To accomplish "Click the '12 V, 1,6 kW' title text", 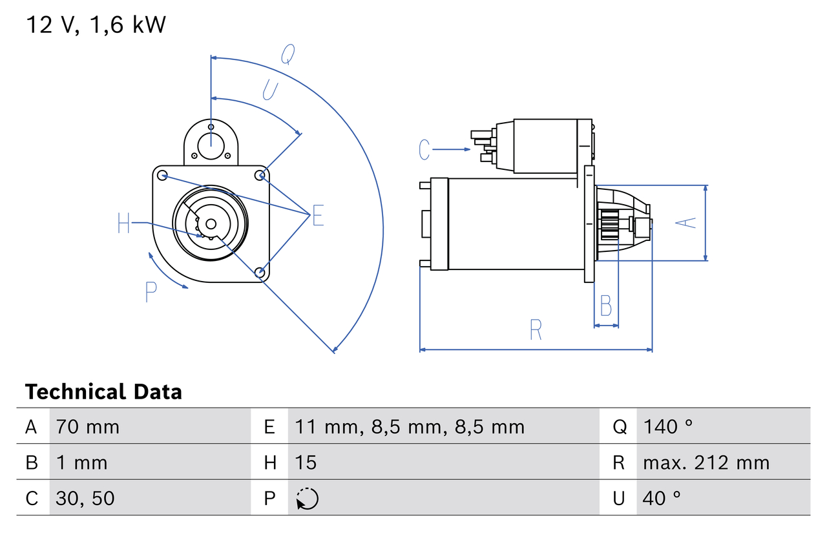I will tap(96, 25).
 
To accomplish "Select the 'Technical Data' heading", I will tap(103, 391).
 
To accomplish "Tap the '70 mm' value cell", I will tap(88, 426).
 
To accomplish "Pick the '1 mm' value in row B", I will tap(81, 463).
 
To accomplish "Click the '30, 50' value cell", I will tap(85, 498).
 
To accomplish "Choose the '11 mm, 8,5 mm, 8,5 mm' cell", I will tap(410, 426).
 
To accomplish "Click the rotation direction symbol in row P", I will tap(307, 499).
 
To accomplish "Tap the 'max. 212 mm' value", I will tap(706, 463).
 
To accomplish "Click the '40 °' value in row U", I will tap(662, 498).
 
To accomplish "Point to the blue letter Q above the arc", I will tap(288, 56).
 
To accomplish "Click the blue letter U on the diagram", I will tap(269, 90).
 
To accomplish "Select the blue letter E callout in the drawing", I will tap(317, 216).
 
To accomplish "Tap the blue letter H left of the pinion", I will tap(124, 224).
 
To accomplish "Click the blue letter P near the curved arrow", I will tap(151, 293).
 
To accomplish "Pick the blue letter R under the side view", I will tap(536, 329).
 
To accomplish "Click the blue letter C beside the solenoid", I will tap(424, 149).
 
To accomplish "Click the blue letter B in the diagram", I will tap(605, 306).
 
